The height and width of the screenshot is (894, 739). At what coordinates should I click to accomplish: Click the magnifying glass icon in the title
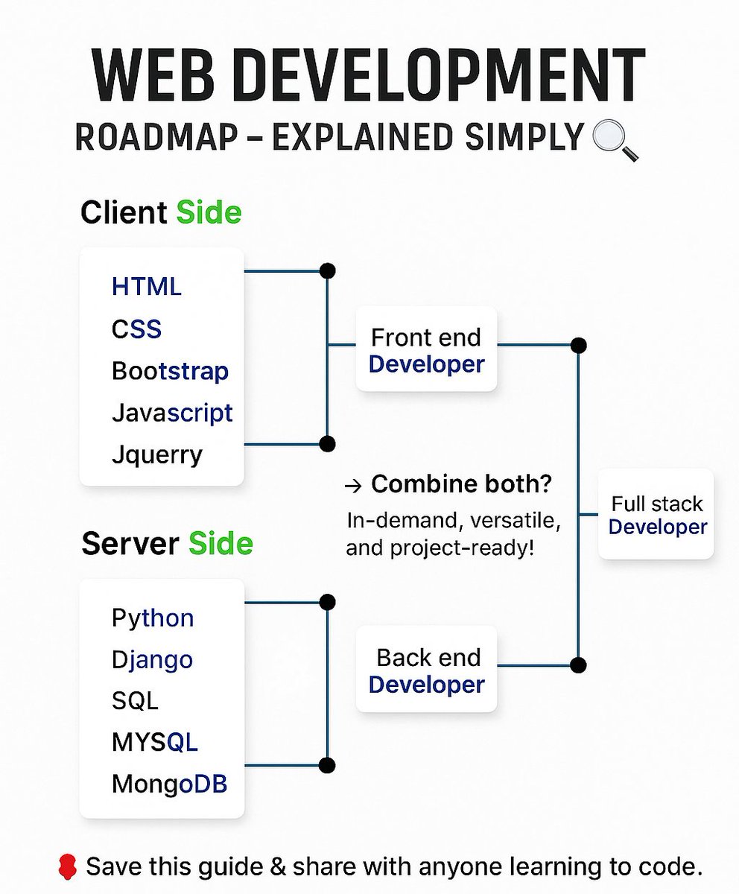pos(615,142)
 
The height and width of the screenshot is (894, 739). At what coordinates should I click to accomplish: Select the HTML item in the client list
pos(147,287)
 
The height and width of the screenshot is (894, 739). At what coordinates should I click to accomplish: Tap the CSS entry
pos(136,329)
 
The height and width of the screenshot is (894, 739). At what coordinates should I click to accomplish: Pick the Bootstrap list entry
pos(170,371)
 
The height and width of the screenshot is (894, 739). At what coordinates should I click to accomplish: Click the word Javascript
pos(172,413)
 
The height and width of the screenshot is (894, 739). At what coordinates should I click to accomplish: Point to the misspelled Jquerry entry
pos(157,454)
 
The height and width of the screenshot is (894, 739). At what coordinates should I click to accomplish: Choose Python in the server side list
pos(153,618)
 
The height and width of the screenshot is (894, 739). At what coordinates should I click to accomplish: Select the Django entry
pos(152,660)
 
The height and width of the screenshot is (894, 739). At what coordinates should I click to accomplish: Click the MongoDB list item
pos(169,784)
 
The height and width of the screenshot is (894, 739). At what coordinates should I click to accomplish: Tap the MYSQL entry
pos(154,743)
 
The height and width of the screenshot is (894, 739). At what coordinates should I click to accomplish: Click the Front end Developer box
pos(426,349)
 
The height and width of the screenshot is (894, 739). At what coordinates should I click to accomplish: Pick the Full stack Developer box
pos(656,515)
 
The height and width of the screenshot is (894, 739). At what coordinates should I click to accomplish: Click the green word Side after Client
pos(209,213)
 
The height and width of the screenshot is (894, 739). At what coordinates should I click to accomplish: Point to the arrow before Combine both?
pos(354,486)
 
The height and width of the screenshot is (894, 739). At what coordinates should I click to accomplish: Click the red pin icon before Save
pos(67,866)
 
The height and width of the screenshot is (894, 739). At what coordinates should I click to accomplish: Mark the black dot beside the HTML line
pos(326,270)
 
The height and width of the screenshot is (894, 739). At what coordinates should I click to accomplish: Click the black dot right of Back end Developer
pos(578,665)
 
